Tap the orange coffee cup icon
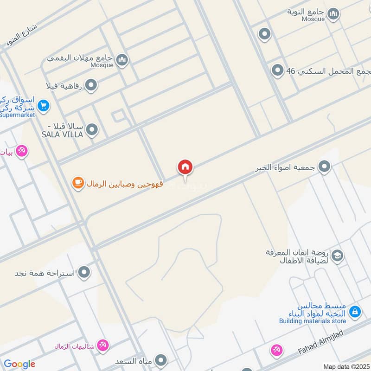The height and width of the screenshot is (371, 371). (x=77, y=184)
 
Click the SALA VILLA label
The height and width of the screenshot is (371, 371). (x=62, y=134)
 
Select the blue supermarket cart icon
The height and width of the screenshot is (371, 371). (x=44, y=106)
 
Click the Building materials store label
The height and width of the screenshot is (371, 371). (x=313, y=320)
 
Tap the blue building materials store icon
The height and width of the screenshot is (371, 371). (x=355, y=311)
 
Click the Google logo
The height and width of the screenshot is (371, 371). (x=19, y=364)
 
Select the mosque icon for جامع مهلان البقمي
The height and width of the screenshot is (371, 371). (x=122, y=59)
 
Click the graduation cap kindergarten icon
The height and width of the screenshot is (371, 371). (x=338, y=255)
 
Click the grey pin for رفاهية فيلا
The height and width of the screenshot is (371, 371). (x=92, y=85)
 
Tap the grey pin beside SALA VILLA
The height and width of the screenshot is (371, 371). (x=92, y=130)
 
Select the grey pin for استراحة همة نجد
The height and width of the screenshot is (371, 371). (x=84, y=272)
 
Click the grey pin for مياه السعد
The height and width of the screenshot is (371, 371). (x=161, y=360)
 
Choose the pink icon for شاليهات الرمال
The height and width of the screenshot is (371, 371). (x=103, y=345)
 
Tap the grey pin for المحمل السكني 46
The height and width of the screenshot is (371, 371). (x=277, y=70)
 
